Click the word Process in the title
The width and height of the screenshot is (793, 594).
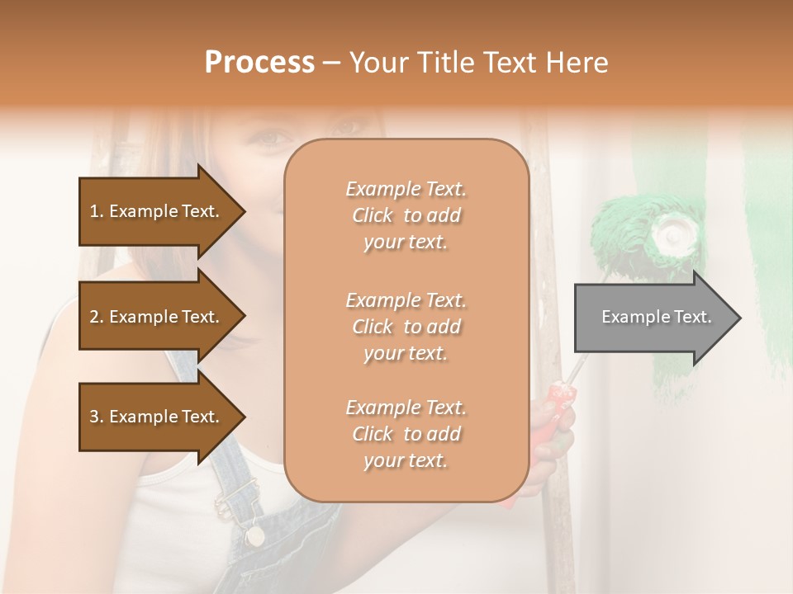tap(259, 62)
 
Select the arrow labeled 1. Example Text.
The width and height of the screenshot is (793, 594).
tap(157, 211)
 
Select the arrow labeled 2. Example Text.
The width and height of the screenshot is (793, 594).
tap(157, 317)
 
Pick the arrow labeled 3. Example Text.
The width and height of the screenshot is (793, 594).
tap(157, 417)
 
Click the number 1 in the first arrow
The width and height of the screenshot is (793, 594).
tap(94, 211)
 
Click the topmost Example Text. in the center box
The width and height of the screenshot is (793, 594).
tap(406, 189)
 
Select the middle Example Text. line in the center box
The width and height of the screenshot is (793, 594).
tap(406, 299)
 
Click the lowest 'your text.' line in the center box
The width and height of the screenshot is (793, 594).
tap(406, 460)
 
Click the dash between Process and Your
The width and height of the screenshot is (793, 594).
tap(331, 63)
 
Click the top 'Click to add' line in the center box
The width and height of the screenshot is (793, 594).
tap(406, 215)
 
